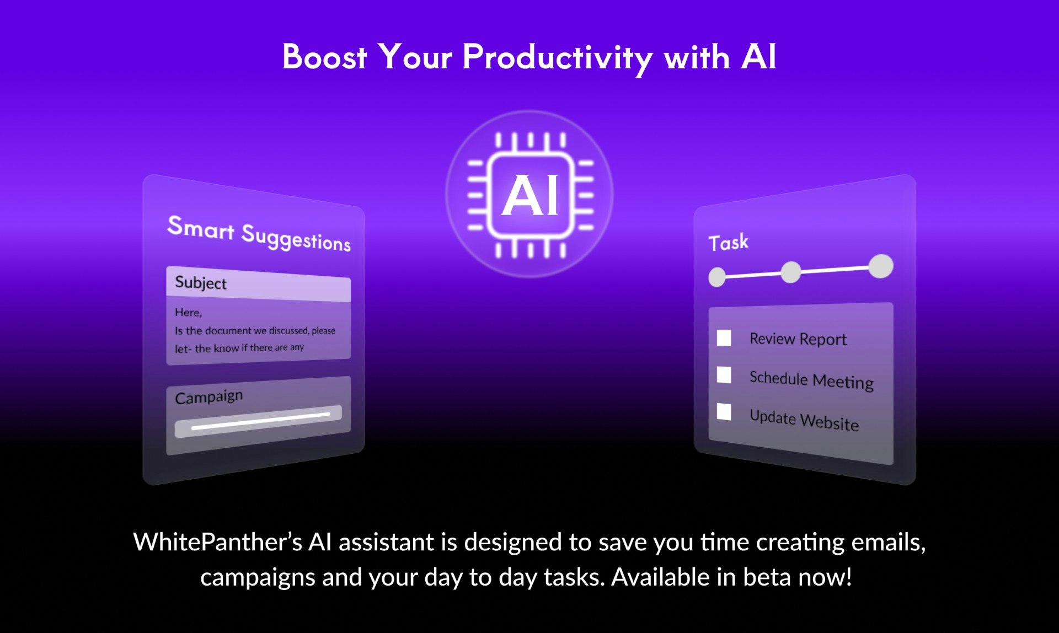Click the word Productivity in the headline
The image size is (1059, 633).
tap(558, 58)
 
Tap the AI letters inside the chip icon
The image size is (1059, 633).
tap(529, 195)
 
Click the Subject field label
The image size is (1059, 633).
tap(201, 282)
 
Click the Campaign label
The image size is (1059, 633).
tap(208, 397)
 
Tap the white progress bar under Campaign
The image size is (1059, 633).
tap(260, 420)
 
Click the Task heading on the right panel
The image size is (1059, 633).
tap(729, 243)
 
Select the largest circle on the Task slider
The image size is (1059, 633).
tap(881, 266)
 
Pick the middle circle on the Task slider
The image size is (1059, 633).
tap(791, 272)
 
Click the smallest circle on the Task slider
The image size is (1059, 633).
tap(717, 277)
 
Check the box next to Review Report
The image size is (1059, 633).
tap(724, 337)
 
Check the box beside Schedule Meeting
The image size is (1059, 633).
tap(724, 374)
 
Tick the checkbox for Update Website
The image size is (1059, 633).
tap(724, 411)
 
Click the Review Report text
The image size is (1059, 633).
tap(798, 339)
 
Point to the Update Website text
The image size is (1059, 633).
tap(804, 420)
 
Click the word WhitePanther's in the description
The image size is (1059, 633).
tap(217, 542)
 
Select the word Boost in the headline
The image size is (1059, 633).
tap(324, 57)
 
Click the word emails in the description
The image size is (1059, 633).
tap(889, 543)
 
